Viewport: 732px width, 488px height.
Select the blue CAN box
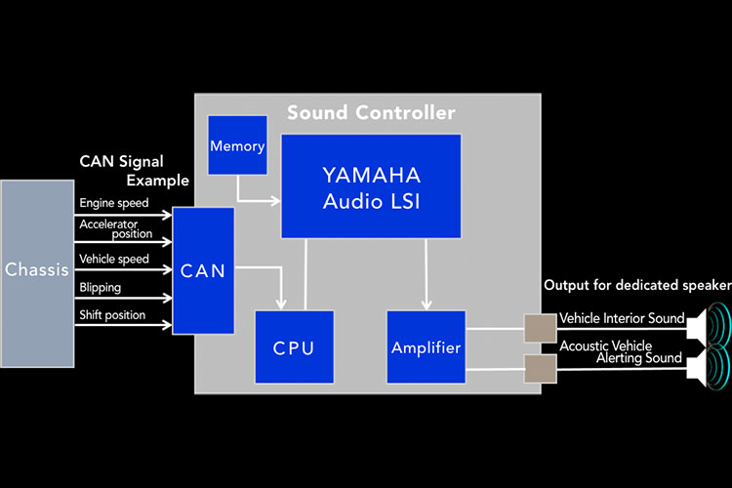pos(203,270)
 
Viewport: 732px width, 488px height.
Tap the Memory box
pos(237,146)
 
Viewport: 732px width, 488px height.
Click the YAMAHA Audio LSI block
pos(371,186)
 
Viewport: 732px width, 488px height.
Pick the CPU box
pos(294,346)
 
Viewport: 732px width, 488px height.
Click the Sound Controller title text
pos(371,113)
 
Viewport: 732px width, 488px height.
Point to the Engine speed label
pos(114,204)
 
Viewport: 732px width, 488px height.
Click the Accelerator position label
pos(116,228)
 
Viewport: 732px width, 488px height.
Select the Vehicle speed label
pos(114,260)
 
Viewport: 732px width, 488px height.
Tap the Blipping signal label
pos(101,288)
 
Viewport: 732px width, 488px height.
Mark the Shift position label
pos(112,315)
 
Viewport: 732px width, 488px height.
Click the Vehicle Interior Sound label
pos(622,319)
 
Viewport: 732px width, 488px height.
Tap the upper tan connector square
pos(540,329)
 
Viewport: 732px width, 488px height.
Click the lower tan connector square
pos(540,368)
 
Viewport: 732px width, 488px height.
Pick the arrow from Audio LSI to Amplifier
pos(426,273)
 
